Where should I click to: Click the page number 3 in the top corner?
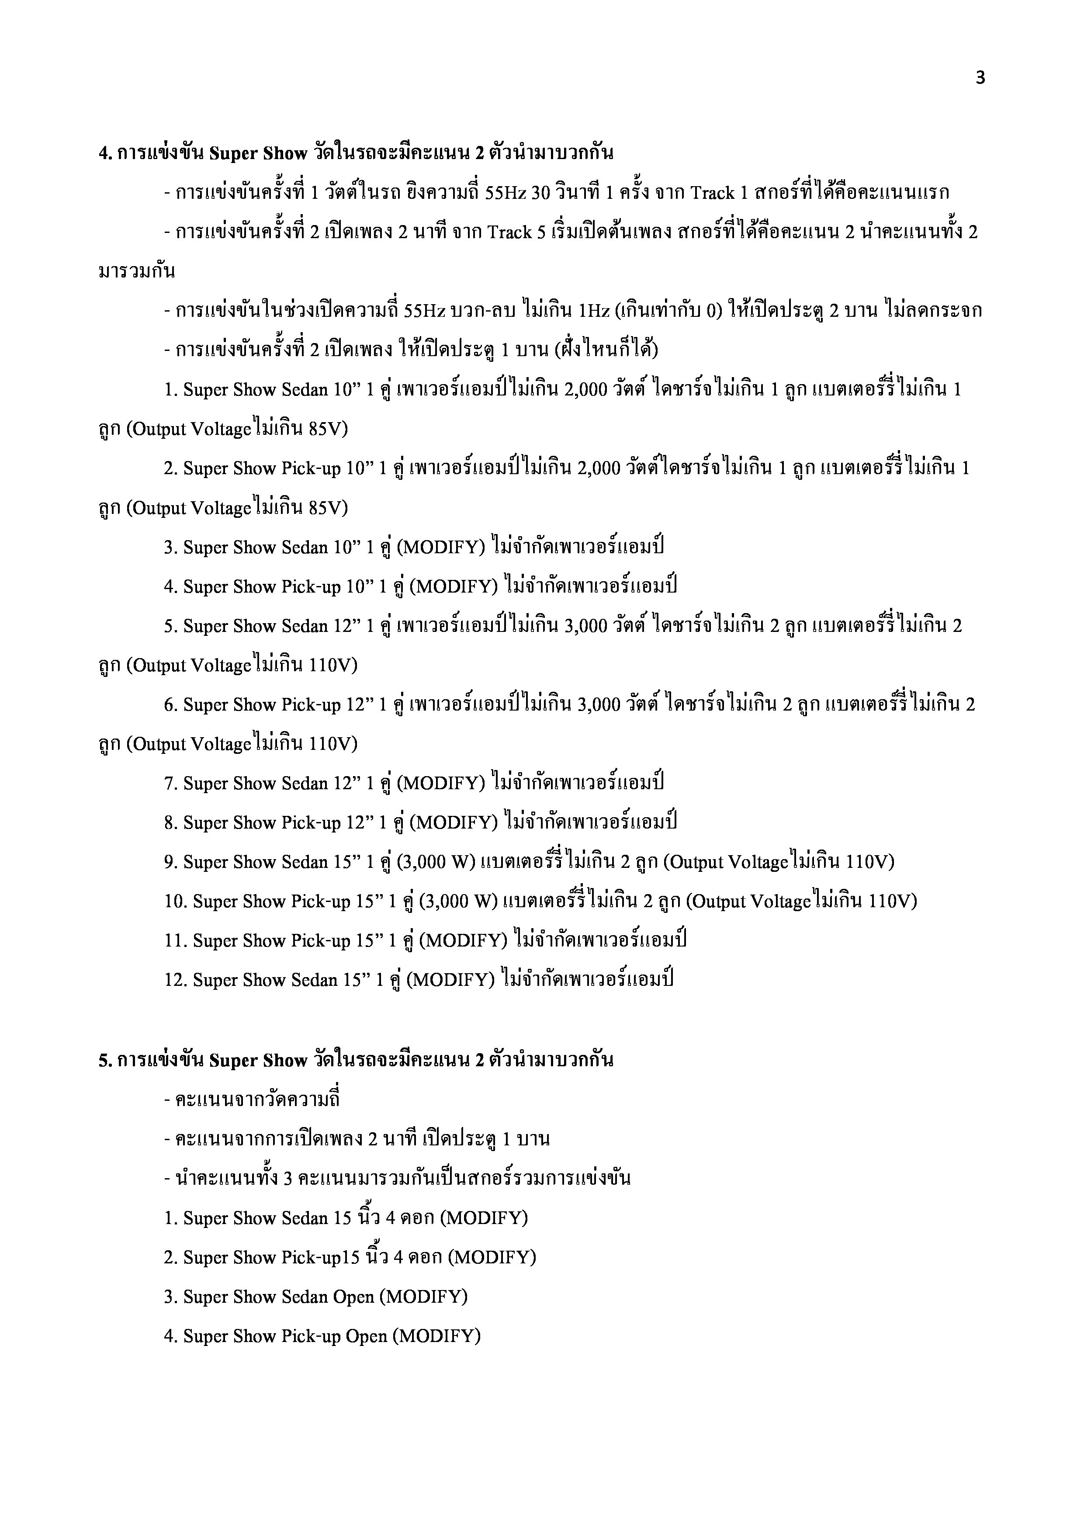pyautogui.click(x=980, y=79)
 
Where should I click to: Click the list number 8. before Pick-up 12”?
pyautogui.click(x=171, y=823)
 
